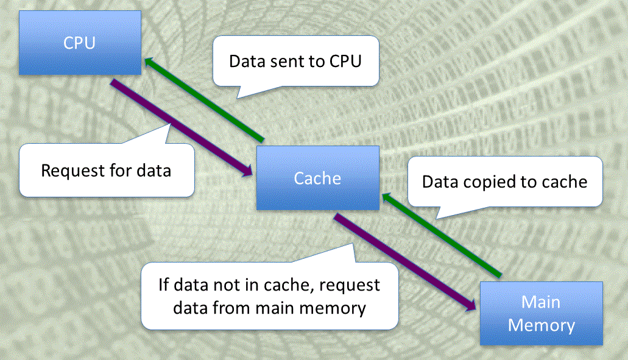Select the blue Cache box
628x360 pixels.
click(x=317, y=178)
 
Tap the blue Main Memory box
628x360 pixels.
click(x=542, y=313)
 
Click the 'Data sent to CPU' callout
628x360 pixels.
click(x=295, y=62)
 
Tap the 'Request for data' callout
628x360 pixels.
click(x=106, y=170)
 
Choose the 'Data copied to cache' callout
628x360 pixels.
click(x=504, y=182)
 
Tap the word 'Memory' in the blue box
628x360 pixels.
click(x=542, y=325)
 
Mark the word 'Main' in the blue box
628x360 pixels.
click(x=542, y=302)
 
